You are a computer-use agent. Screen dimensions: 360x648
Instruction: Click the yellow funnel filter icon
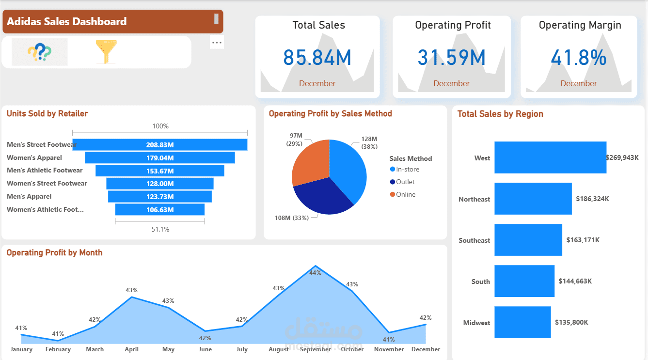point(106,52)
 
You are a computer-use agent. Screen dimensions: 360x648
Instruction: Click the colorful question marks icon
point(39,52)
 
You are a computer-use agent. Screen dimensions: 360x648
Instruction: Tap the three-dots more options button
point(217,43)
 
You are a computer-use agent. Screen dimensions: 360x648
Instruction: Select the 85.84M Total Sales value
point(317,58)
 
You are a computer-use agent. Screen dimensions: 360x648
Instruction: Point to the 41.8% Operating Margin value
point(579,58)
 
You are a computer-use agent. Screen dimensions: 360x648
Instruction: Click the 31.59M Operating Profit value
point(451,58)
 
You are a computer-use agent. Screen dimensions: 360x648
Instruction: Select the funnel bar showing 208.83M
point(160,145)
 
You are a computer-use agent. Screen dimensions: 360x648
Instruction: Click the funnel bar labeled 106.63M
point(160,210)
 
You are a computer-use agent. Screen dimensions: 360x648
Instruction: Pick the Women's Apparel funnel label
point(34,157)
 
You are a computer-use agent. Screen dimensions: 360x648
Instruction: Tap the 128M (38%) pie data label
point(369,143)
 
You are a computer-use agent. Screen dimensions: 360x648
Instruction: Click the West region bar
point(550,157)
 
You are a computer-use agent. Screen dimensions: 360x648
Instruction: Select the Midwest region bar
point(522,322)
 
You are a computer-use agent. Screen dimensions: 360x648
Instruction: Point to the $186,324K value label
point(592,199)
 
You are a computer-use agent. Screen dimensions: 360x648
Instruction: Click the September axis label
point(316,349)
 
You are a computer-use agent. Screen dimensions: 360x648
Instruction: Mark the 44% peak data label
point(316,273)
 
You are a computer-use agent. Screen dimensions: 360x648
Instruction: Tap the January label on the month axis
point(21,349)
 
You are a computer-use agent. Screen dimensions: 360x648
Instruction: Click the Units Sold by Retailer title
point(47,114)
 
